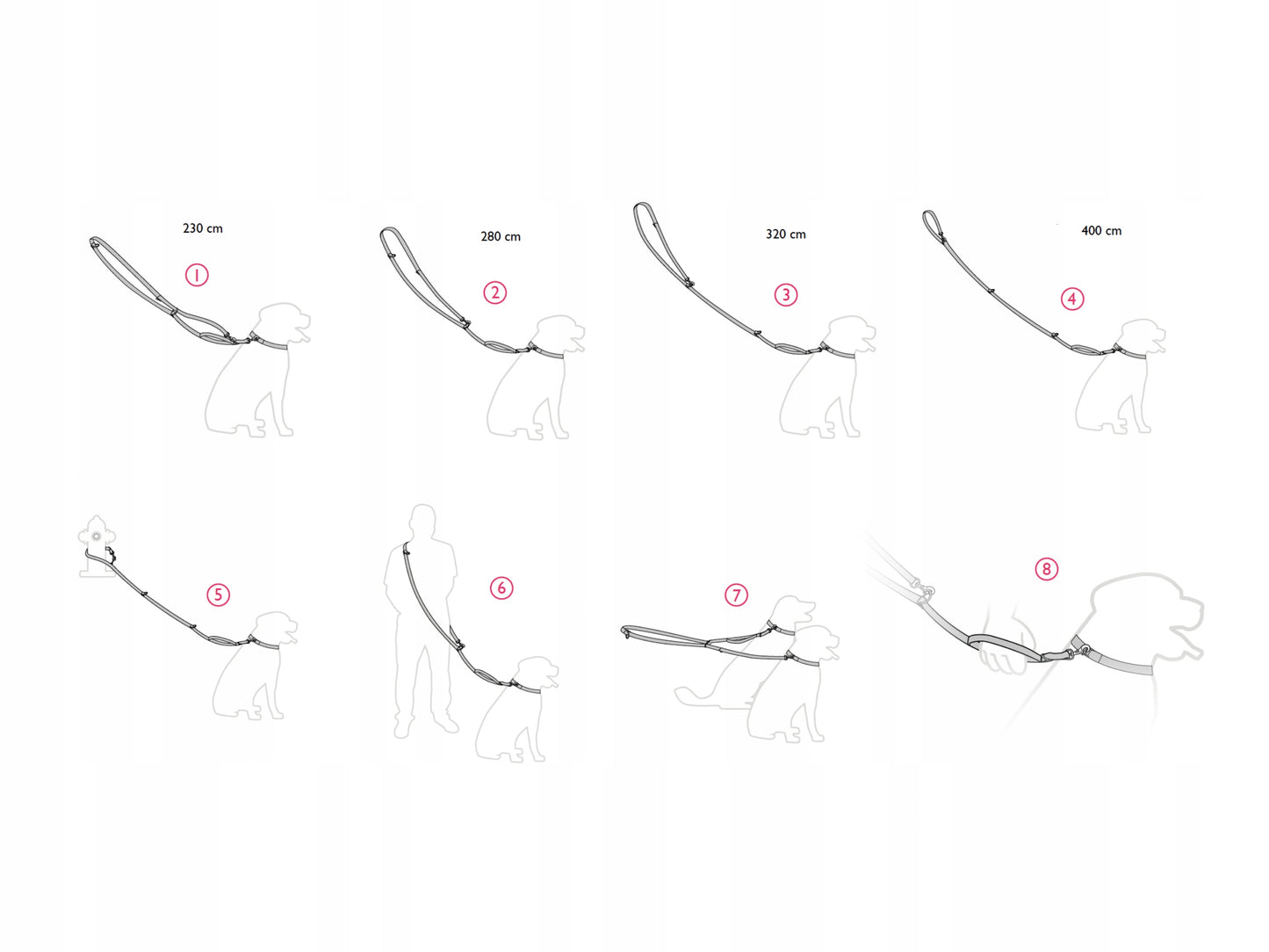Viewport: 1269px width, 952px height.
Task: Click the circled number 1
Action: pyautogui.click(x=197, y=275)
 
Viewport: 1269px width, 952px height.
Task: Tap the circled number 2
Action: pyautogui.click(x=495, y=292)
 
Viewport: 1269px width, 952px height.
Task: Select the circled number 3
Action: pyautogui.click(x=786, y=295)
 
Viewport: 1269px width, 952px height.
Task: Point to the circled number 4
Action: pyautogui.click(x=1072, y=299)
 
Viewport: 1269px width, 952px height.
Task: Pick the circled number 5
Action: pyautogui.click(x=219, y=595)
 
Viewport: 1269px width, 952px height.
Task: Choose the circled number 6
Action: pyautogui.click(x=501, y=588)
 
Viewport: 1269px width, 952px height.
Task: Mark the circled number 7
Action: pyautogui.click(x=736, y=595)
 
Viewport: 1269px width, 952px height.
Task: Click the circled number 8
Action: pyautogui.click(x=1047, y=569)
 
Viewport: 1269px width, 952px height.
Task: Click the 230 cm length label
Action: pyautogui.click(x=203, y=228)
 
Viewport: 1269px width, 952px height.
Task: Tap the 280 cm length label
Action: pyautogui.click(x=501, y=236)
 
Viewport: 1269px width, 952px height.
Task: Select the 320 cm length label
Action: pyautogui.click(x=786, y=234)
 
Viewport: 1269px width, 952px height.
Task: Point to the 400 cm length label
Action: pyautogui.click(x=1101, y=231)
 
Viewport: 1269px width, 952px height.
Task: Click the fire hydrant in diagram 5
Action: pyautogui.click(x=96, y=546)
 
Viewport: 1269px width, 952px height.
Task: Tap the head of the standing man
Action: pyautogui.click(x=422, y=521)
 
